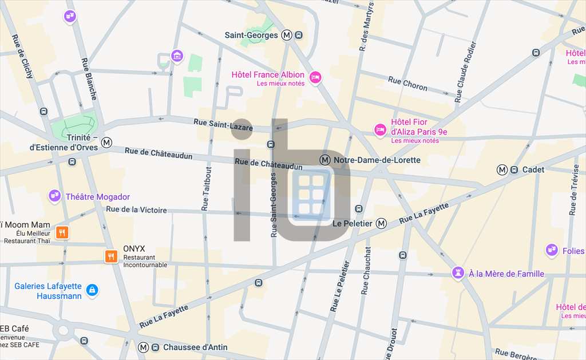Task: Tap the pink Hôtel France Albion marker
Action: (315, 77)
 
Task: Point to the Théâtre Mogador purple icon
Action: (54, 196)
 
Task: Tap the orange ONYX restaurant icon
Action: (111, 256)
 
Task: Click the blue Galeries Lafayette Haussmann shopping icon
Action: (92, 291)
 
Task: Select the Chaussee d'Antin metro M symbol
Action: (143, 347)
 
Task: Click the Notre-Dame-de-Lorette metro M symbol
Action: (325, 160)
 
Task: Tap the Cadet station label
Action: (533, 169)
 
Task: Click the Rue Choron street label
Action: (407, 84)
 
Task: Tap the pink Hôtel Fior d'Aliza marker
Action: (379, 130)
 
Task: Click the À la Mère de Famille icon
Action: (458, 273)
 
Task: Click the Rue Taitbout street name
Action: (207, 189)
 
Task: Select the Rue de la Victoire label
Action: (136, 210)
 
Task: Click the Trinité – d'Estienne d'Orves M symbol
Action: (106, 143)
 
